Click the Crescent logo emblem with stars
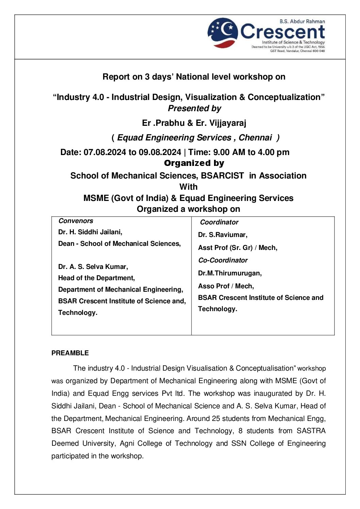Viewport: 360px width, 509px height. click(223, 33)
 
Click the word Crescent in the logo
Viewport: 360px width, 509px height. click(282, 32)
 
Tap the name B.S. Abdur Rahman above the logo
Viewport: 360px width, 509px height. click(302, 21)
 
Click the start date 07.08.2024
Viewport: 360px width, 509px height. click(105, 152)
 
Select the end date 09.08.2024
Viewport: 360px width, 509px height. click(160, 152)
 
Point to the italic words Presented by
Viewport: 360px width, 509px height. click(194, 108)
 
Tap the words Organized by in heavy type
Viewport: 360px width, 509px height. click(194, 163)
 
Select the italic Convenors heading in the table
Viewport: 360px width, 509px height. click(76, 221)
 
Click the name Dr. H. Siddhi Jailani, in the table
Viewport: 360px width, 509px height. click(90, 232)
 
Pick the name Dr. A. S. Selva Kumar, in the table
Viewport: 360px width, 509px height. click(93, 267)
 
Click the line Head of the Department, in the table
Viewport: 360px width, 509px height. click(96, 278)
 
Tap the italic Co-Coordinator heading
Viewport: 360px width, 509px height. click(223, 260)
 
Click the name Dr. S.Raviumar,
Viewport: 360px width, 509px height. click(223, 235)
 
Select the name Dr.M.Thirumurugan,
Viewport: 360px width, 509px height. click(230, 273)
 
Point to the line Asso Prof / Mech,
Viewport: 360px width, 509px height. click(226, 286)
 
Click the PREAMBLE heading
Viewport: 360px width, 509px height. click(70, 353)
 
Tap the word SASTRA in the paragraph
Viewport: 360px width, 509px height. click(311, 431)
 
